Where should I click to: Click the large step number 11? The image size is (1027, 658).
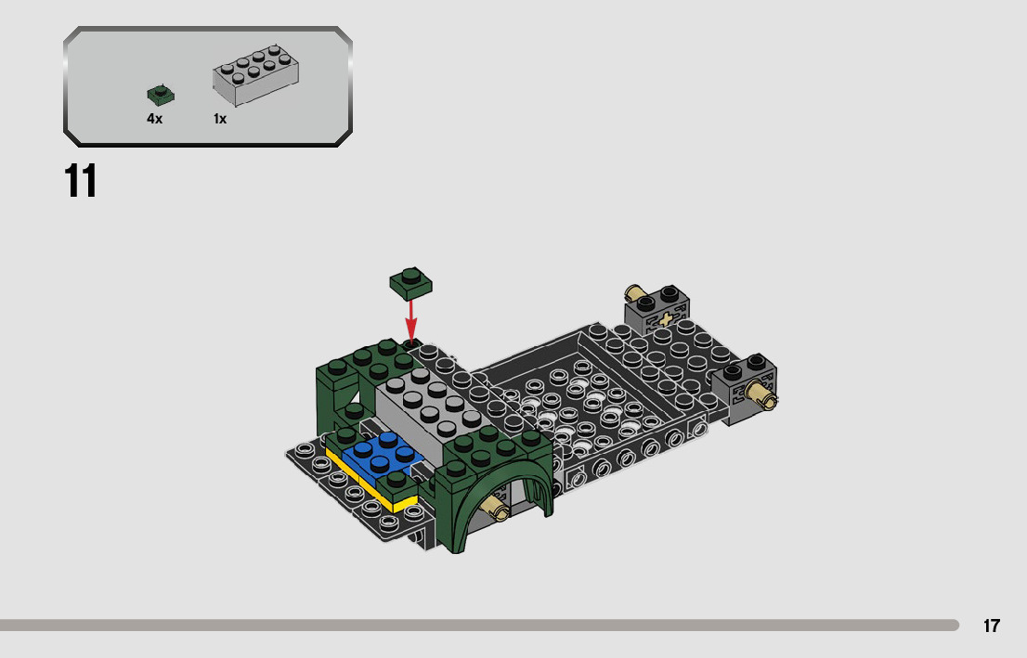coord(81,181)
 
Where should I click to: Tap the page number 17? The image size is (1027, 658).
coord(991,626)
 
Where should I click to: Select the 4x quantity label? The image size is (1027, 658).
coord(154,119)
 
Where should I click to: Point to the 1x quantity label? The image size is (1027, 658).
coord(220,119)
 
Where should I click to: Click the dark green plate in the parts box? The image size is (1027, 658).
coord(161,95)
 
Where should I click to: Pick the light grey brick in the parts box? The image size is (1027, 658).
coord(255,74)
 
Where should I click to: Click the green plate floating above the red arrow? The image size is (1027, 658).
coord(410,283)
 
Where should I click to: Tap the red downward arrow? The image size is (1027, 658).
coord(410,319)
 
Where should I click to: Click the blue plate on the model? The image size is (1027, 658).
coord(379,455)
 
